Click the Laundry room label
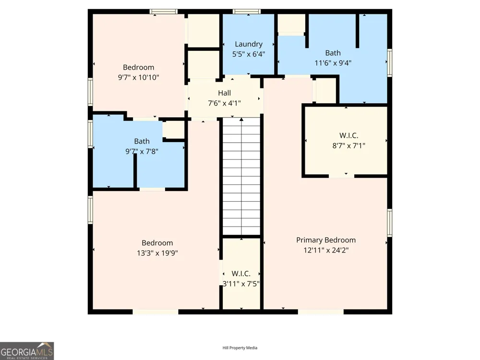point(249,44)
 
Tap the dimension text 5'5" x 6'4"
point(249,54)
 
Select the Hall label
point(224,93)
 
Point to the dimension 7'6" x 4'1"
point(224,103)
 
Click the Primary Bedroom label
point(326,240)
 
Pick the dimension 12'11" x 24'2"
point(326,250)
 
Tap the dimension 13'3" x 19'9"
point(157,253)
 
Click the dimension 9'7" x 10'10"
point(139,77)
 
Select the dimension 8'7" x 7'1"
point(348,145)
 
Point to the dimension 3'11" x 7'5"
point(241,284)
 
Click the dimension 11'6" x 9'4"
point(333,63)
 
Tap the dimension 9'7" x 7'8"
point(142,151)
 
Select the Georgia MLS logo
point(27,351)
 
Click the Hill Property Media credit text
point(240,348)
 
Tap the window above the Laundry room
point(247,12)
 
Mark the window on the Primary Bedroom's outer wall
point(390,223)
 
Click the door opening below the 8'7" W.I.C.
point(342,176)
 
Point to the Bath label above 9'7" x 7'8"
point(142,142)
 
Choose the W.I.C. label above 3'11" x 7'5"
point(241,274)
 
